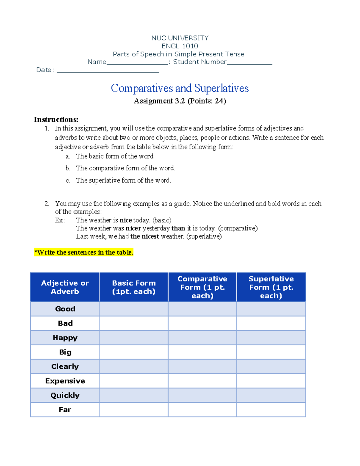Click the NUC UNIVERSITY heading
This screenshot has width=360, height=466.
point(180,38)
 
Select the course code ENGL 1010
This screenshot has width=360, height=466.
point(180,46)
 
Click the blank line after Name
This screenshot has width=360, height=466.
point(137,63)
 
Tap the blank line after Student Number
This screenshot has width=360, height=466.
point(250,63)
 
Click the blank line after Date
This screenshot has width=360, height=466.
point(108,71)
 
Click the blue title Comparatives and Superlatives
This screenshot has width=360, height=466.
point(180,88)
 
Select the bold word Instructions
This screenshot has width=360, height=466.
point(56,120)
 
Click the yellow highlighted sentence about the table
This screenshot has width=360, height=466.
point(84,252)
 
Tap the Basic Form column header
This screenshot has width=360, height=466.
point(134,287)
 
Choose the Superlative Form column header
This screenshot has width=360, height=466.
point(271,287)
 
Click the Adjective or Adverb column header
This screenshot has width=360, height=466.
point(65,287)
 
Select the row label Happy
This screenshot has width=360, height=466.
point(65,338)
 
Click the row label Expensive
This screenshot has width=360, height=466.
point(65,381)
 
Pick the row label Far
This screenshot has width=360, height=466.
point(65,410)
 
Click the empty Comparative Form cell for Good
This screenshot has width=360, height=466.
point(202,309)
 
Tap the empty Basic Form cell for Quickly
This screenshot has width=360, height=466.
point(134,395)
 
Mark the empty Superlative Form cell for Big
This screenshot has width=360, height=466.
point(271,352)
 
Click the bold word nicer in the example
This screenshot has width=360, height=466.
point(133,228)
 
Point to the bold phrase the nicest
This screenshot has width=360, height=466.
point(145,236)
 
